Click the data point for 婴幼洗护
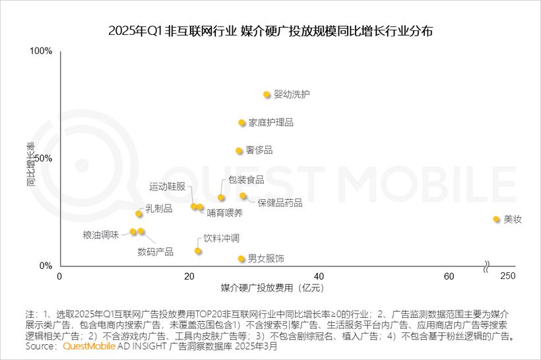tap(267, 95)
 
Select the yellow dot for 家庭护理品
tap(242, 123)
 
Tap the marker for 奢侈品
tap(239, 151)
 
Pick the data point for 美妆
tap(496, 219)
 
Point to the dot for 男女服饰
tap(241, 259)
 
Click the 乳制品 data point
tap(139, 214)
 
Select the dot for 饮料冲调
tap(198, 251)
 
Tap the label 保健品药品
tap(280, 203)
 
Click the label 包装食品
tap(245, 180)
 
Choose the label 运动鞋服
tap(167, 187)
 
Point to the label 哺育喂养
tap(224, 212)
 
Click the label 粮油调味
tap(101, 234)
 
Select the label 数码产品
tap(155, 252)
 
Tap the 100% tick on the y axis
tap(41, 51)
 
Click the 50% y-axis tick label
tap(44, 158)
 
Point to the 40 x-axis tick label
tap(319, 276)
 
